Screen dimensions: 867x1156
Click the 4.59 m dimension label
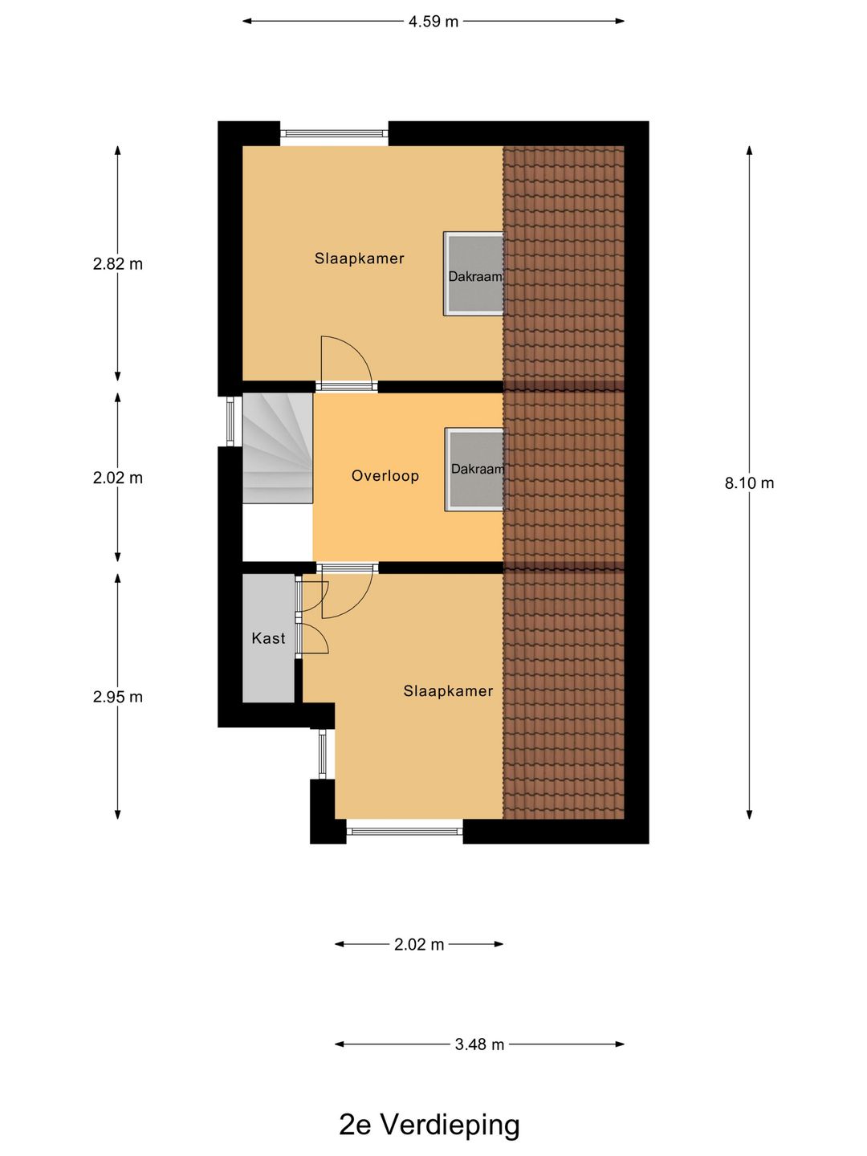pos(433,22)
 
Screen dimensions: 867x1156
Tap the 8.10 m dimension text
pos(749,483)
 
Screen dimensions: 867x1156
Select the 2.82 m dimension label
pos(118,264)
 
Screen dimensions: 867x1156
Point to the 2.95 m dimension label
pos(118,697)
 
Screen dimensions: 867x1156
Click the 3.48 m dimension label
pos(479,1044)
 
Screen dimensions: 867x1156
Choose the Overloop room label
pos(385,476)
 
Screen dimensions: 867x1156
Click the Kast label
pos(268,638)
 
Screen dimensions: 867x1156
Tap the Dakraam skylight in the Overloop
pos(474,470)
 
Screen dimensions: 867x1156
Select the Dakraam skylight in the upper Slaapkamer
pos(474,274)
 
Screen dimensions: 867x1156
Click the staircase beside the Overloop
pos(278,448)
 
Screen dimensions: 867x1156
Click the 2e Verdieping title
pos(429,1124)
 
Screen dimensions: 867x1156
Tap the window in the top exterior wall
pos(334,134)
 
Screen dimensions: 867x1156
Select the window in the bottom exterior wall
pos(405,832)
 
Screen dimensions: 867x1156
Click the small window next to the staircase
pos(230,421)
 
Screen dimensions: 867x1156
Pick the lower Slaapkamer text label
pos(449,691)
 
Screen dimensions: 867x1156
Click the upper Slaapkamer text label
pos(360,258)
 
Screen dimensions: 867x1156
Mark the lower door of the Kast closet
pos(313,639)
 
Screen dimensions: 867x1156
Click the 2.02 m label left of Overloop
pos(118,478)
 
